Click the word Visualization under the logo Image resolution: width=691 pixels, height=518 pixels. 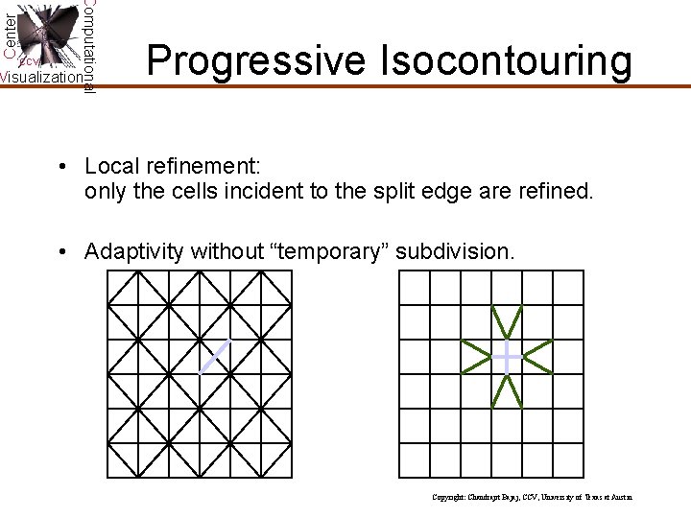coord(41,78)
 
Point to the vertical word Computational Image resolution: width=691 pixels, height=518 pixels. coord(88,45)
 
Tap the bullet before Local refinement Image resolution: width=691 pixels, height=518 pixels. coord(61,167)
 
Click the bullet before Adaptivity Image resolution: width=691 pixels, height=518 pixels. coord(61,253)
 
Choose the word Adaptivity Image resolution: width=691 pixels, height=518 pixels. coord(134,253)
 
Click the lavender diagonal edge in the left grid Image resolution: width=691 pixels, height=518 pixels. coord(215,357)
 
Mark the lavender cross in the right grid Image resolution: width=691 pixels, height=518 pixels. coord(507,357)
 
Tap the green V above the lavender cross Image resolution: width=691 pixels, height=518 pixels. coord(507,321)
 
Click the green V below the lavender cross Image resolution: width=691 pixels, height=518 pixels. coord(507,391)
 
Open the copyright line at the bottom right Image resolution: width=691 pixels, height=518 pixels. coord(532,498)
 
